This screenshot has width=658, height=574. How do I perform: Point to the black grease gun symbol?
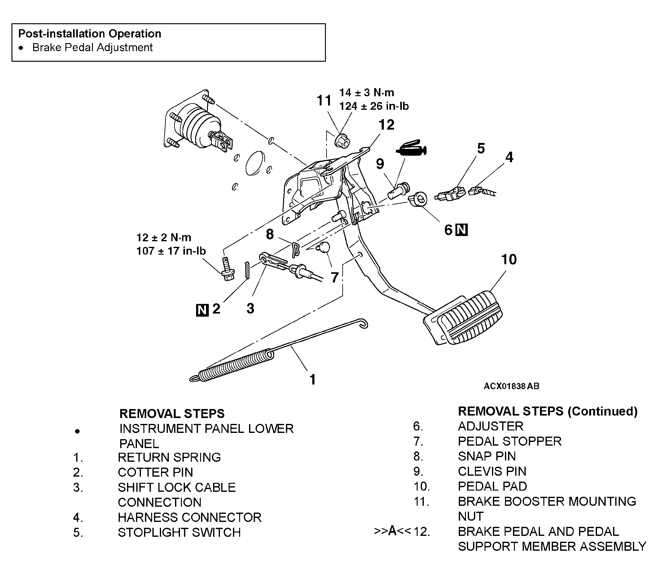click(411, 149)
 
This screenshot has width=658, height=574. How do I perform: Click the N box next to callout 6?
click(462, 230)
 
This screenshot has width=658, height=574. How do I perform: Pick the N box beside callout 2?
click(202, 310)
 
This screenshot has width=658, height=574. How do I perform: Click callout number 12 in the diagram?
click(386, 125)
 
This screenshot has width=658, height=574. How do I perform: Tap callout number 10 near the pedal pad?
click(509, 259)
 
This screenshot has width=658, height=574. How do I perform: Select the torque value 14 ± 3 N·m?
click(366, 93)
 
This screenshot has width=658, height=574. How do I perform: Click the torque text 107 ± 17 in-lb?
click(171, 251)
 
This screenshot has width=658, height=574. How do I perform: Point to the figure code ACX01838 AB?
click(511, 386)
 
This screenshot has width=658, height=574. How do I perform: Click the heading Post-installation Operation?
click(90, 33)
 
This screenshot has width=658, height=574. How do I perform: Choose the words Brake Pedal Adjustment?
click(93, 47)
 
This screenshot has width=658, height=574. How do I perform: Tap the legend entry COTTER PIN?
click(156, 472)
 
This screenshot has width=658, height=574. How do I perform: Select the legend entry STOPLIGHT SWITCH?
click(179, 532)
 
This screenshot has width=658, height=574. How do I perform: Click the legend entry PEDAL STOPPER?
click(510, 441)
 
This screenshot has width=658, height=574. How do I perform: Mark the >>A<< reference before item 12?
click(393, 531)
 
